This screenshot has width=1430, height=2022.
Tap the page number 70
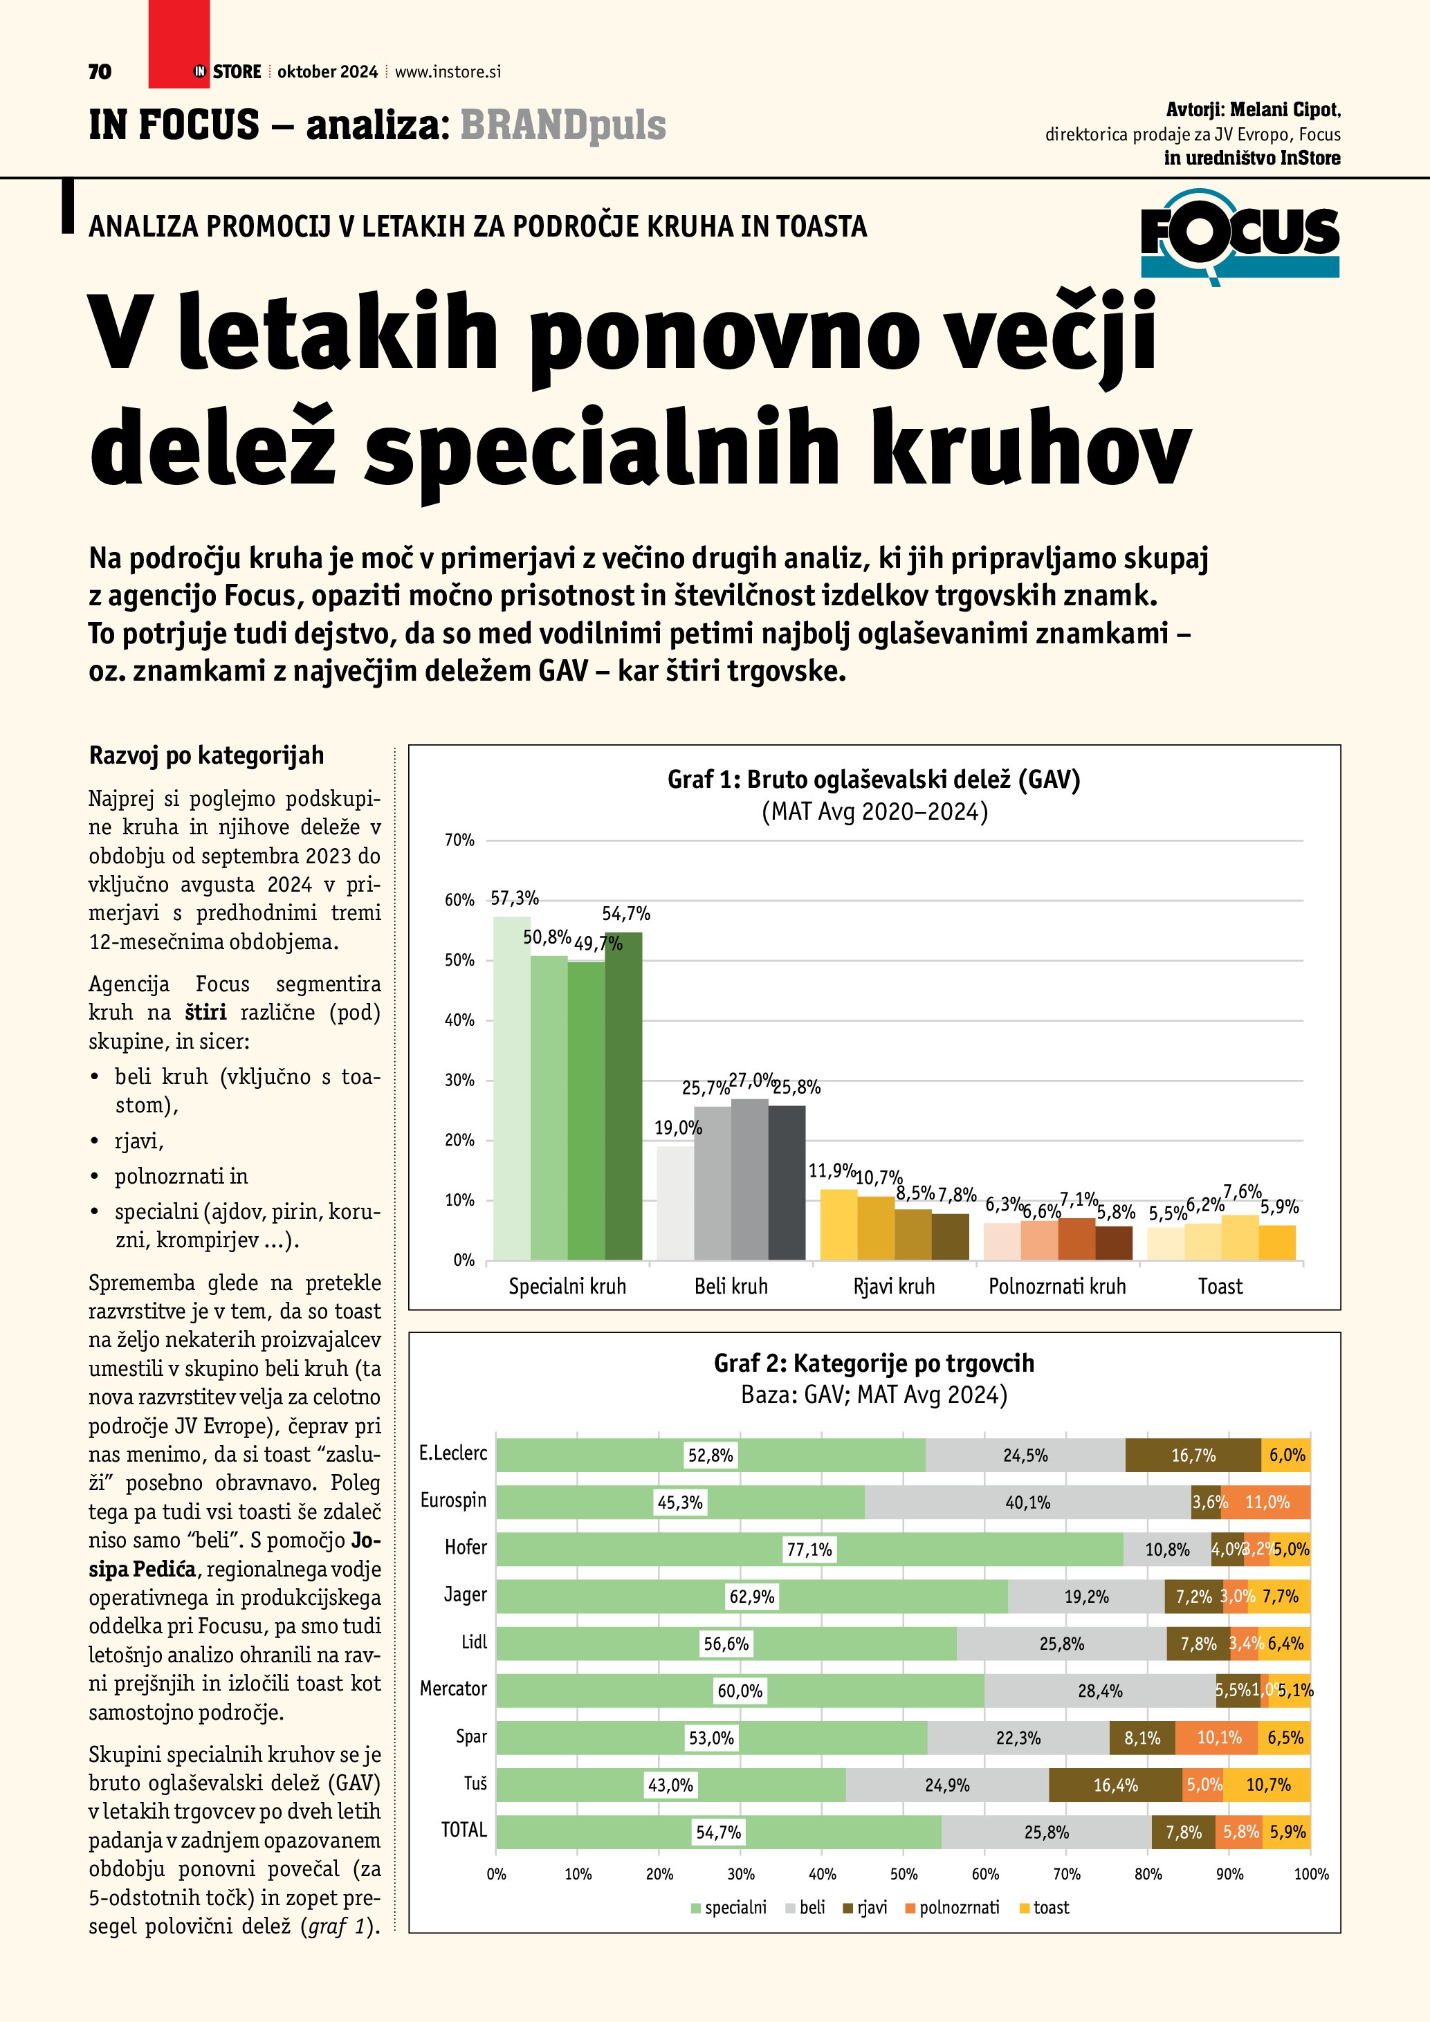100,72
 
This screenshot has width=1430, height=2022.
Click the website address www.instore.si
448,72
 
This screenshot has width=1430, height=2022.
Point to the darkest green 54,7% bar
623,1096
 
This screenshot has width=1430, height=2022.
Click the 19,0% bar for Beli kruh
675,1202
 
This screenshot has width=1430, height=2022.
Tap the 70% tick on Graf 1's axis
459,840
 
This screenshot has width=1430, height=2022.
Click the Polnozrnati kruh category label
1056,1287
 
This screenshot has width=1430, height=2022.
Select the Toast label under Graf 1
1220,1287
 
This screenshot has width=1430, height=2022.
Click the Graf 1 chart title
874,780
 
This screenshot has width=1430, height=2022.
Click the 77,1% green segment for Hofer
809,1549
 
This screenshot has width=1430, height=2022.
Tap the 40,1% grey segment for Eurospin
1027,1502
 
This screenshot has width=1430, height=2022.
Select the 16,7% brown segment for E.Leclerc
1193,1455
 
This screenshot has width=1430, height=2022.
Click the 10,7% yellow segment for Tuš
1268,1785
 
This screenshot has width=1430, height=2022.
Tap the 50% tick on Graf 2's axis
904,1874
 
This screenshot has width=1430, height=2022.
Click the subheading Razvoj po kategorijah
206,755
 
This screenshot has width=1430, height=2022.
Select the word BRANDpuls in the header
562,125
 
